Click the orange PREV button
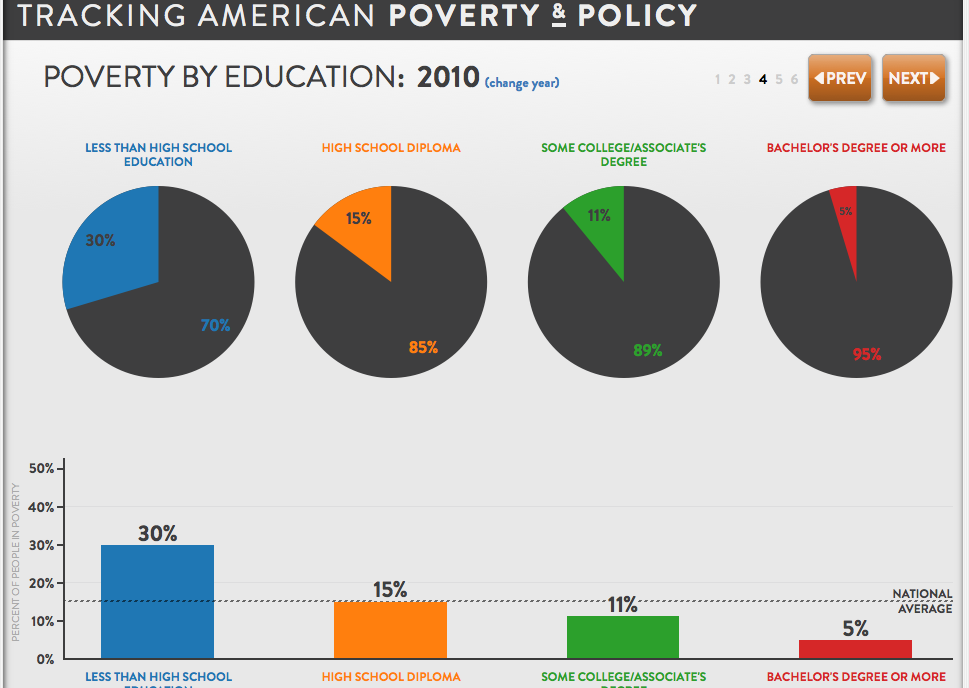839,78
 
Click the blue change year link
522,82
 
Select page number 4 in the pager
763,79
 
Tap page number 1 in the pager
718,79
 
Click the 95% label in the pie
867,353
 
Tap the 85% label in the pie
423,348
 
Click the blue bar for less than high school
157,601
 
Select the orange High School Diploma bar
390,630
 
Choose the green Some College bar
622,637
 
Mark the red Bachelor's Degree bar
855,649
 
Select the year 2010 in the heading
448,77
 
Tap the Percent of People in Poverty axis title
16,562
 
